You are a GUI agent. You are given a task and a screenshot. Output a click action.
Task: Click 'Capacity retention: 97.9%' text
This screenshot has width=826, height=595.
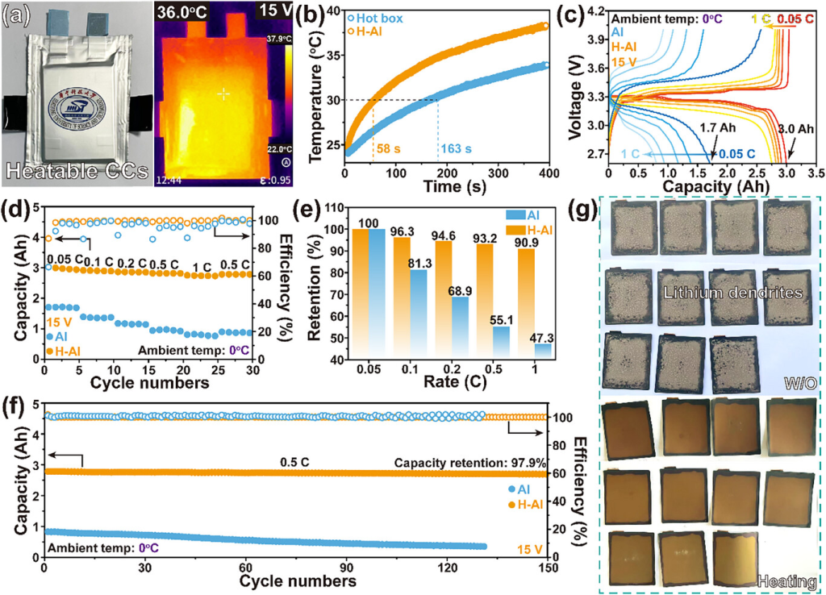470,463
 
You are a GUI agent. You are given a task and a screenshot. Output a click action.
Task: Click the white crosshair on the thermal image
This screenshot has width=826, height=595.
223,94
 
